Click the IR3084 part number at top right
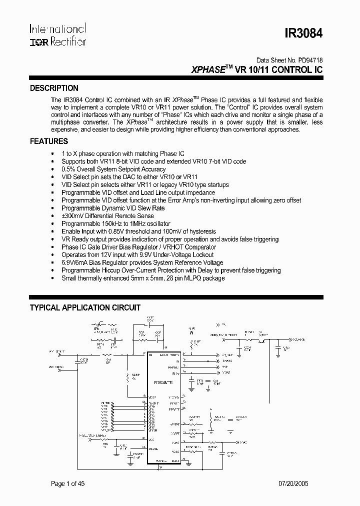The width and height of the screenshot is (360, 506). (x=304, y=34)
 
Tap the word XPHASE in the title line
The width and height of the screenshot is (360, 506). (x=208, y=70)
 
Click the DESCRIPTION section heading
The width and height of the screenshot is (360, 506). (x=54, y=88)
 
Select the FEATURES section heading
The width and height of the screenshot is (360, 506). (x=49, y=141)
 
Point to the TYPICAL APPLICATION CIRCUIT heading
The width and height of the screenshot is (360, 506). (x=85, y=307)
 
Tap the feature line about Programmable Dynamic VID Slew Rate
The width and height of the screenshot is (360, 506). (x=113, y=208)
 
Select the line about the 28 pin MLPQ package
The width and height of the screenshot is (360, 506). (x=143, y=278)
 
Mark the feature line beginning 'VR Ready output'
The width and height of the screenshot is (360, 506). (x=170, y=239)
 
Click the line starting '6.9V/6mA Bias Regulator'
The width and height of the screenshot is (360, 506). (x=142, y=262)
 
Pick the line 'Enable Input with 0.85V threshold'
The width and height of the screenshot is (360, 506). (x=139, y=231)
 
